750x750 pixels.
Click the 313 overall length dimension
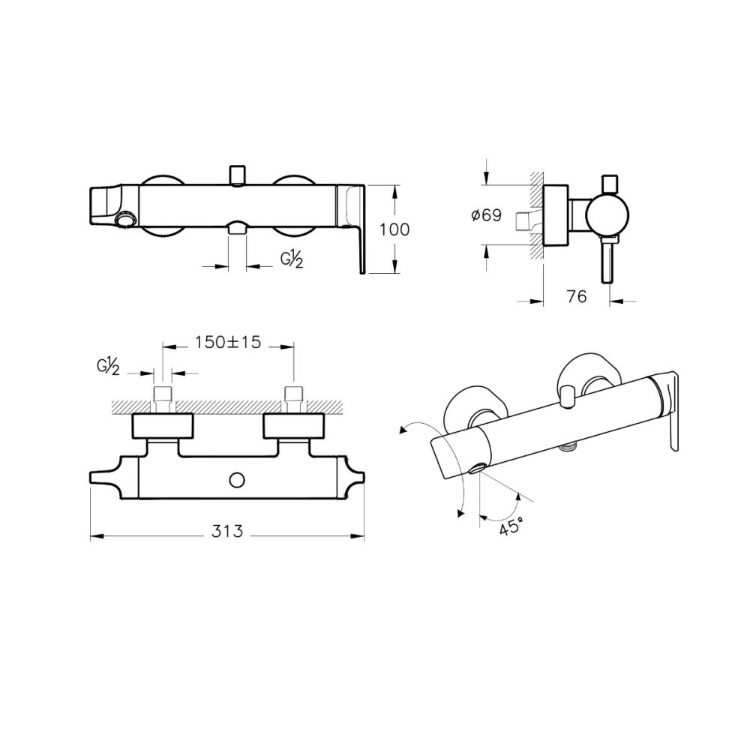(x=228, y=532)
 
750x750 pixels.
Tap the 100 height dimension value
(x=394, y=229)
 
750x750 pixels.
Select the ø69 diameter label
(x=486, y=216)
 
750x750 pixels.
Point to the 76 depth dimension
(x=576, y=296)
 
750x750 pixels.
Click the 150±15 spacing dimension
(x=228, y=342)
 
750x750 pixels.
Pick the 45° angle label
(x=509, y=526)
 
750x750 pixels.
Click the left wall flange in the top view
(x=163, y=426)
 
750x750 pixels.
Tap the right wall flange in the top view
(x=295, y=426)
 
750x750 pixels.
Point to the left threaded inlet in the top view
(x=163, y=398)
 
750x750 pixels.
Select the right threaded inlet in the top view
(x=293, y=398)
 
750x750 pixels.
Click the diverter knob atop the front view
(x=237, y=175)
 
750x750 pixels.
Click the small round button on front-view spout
(x=126, y=220)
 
